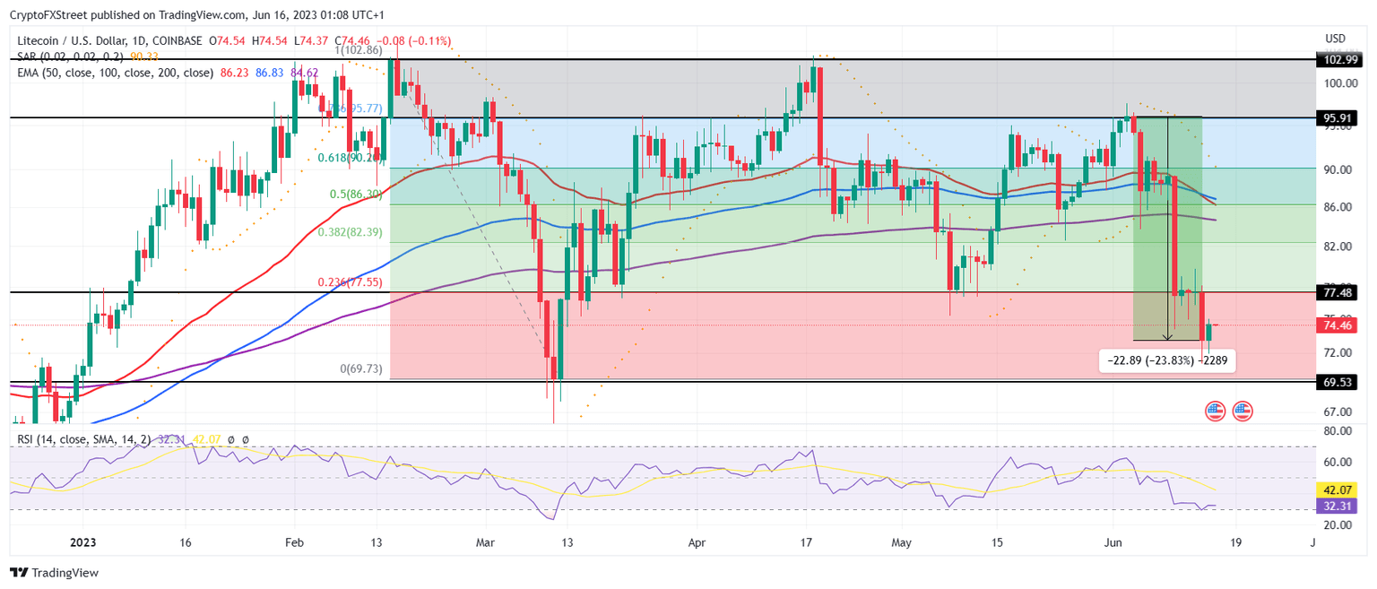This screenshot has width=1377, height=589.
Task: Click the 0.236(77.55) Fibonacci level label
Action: click(351, 282)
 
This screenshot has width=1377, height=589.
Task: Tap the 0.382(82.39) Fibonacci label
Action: click(351, 231)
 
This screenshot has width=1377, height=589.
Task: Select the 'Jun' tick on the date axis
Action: click(1113, 543)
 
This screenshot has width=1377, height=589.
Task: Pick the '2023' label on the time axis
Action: click(82, 543)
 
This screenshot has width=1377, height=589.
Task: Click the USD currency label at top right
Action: click(1335, 39)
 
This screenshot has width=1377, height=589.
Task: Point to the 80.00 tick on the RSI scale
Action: click(1336, 431)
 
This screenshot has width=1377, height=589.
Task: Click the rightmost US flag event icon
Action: click(1242, 411)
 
